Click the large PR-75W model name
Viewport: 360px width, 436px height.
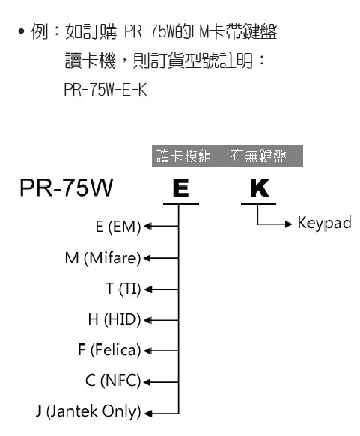click(66, 188)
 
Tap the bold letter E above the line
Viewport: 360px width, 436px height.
click(181, 188)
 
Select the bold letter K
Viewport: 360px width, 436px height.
click(259, 188)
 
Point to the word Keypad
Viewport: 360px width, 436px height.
click(324, 224)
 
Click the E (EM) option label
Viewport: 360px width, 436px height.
click(118, 227)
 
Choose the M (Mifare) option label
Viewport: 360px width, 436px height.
click(103, 258)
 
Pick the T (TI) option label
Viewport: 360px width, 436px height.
click(123, 289)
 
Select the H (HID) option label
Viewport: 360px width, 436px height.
click(115, 320)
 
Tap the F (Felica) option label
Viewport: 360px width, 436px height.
click(109, 350)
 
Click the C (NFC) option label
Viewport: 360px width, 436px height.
click(113, 381)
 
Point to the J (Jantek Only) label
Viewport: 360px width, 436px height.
click(88, 412)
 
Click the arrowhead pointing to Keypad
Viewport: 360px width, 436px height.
click(289, 224)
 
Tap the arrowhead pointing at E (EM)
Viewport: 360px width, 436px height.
click(147, 226)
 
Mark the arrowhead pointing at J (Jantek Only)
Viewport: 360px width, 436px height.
click(147, 414)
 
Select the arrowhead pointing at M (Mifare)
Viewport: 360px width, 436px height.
click(147, 258)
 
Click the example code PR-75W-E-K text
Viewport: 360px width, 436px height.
click(106, 90)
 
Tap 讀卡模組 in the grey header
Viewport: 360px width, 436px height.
click(184, 156)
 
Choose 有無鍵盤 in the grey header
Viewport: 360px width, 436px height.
click(259, 156)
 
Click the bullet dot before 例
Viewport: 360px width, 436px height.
click(22, 31)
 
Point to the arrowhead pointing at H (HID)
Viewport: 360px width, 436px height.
click(147, 320)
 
